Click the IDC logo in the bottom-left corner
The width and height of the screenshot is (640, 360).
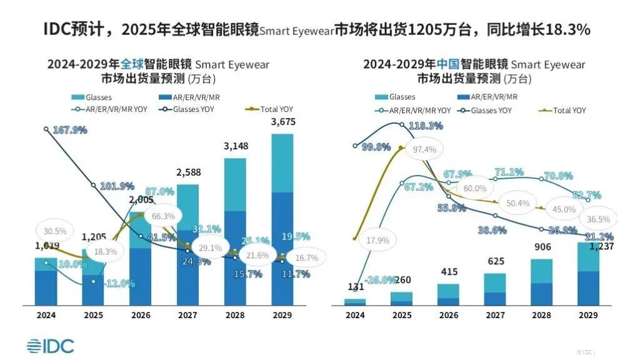point(50,346)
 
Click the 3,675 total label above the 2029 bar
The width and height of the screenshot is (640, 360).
point(283,122)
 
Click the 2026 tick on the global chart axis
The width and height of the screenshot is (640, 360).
point(141,316)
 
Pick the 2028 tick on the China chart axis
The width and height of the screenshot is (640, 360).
point(542,316)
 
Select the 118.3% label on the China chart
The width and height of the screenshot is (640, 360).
point(426,126)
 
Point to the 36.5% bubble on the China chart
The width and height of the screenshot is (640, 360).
point(597,219)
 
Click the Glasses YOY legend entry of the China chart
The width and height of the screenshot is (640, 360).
point(487,110)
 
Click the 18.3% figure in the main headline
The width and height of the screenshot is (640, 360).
point(568,29)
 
